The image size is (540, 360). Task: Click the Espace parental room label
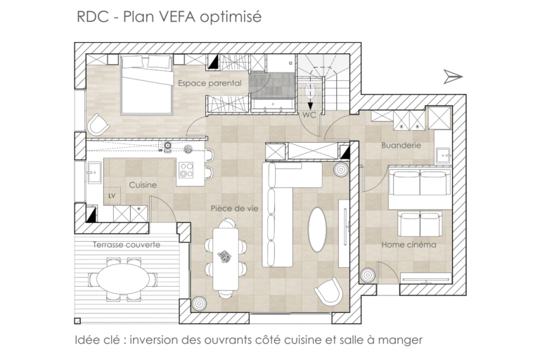coord(210,83)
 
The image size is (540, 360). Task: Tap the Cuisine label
coord(143,185)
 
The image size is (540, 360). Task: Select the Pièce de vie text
coord(235,208)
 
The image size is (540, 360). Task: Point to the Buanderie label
coord(401,145)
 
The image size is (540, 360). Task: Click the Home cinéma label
coord(409,245)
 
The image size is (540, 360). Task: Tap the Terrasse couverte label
coord(127,245)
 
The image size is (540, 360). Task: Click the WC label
coord(309,115)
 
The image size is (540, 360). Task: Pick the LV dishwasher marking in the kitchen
coord(112,195)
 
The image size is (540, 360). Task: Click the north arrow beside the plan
coord(453,77)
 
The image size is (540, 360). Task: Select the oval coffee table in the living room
coord(317,229)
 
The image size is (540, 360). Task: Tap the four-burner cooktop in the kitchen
coord(186,170)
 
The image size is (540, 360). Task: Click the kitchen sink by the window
coord(94,173)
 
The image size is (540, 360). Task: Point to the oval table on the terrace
coord(122,278)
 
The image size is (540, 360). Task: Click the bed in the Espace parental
coord(147,85)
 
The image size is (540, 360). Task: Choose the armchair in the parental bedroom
coord(98,124)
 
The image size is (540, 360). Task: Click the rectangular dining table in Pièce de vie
coord(226,259)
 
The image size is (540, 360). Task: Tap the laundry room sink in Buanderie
coord(443,155)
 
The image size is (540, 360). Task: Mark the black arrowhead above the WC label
coord(310,105)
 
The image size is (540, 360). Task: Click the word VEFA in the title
coord(176,17)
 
